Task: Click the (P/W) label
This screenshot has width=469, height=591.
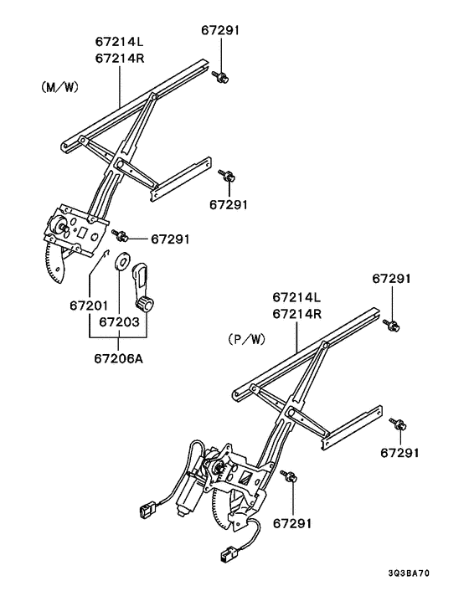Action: (x=246, y=341)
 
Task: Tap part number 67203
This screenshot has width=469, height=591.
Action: (x=118, y=321)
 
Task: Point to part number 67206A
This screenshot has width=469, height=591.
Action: (x=118, y=358)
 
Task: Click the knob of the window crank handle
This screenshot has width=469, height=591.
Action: (x=148, y=304)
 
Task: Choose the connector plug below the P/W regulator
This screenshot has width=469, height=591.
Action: (x=225, y=556)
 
